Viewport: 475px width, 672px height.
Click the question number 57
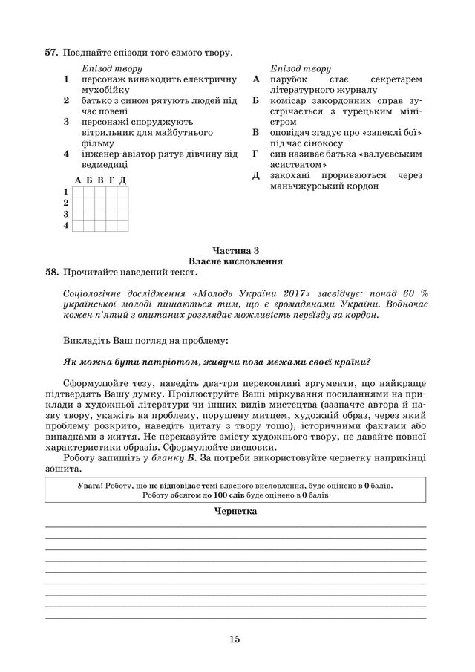[51, 53]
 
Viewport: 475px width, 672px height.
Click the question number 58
[51, 273]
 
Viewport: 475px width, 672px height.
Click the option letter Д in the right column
[256, 175]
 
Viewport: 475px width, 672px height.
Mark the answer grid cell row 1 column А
[78, 192]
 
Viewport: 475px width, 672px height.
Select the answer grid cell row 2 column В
[100, 202]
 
